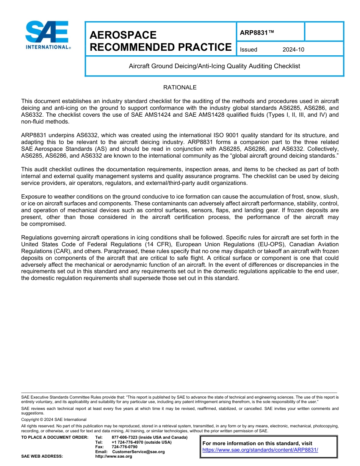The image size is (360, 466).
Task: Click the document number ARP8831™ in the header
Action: [257, 33]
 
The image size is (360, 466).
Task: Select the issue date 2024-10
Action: [293, 50]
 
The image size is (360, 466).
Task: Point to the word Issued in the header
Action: [249, 50]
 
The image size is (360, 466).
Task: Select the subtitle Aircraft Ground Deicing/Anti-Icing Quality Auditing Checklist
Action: [214, 66]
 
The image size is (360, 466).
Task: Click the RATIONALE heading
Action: [180, 88]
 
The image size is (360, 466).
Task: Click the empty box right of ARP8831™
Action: [324, 32]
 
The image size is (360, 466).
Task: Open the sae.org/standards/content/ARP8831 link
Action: [260, 450]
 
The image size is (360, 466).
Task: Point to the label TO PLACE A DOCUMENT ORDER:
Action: [55, 438]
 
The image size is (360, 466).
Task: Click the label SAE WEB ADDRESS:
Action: [42, 456]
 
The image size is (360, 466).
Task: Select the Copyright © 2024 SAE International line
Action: [54, 419]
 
